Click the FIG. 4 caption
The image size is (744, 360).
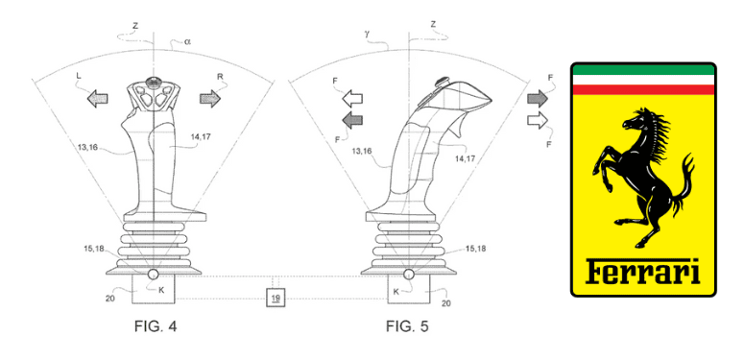pyautogui.click(x=156, y=326)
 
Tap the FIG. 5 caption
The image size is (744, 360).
pyautogui.click(x=407, y=326)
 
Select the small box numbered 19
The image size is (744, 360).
pyautogui.click(x=276, y=298)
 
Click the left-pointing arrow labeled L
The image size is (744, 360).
pyautogui.click(x=97, y=98)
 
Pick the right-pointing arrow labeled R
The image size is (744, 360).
pyautogui.click(x=210, y=98)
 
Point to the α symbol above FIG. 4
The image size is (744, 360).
pyautogui.click(x=187, y=41)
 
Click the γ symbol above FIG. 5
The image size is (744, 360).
pyautogui.click(x=368, y=36)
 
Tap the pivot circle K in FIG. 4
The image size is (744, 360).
pyautogui.click(x=154, y=275)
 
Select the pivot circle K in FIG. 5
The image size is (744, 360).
pyautogui.click(x=409, y=275)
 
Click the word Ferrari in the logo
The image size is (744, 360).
pyautogui.click(x=642, y=272)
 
